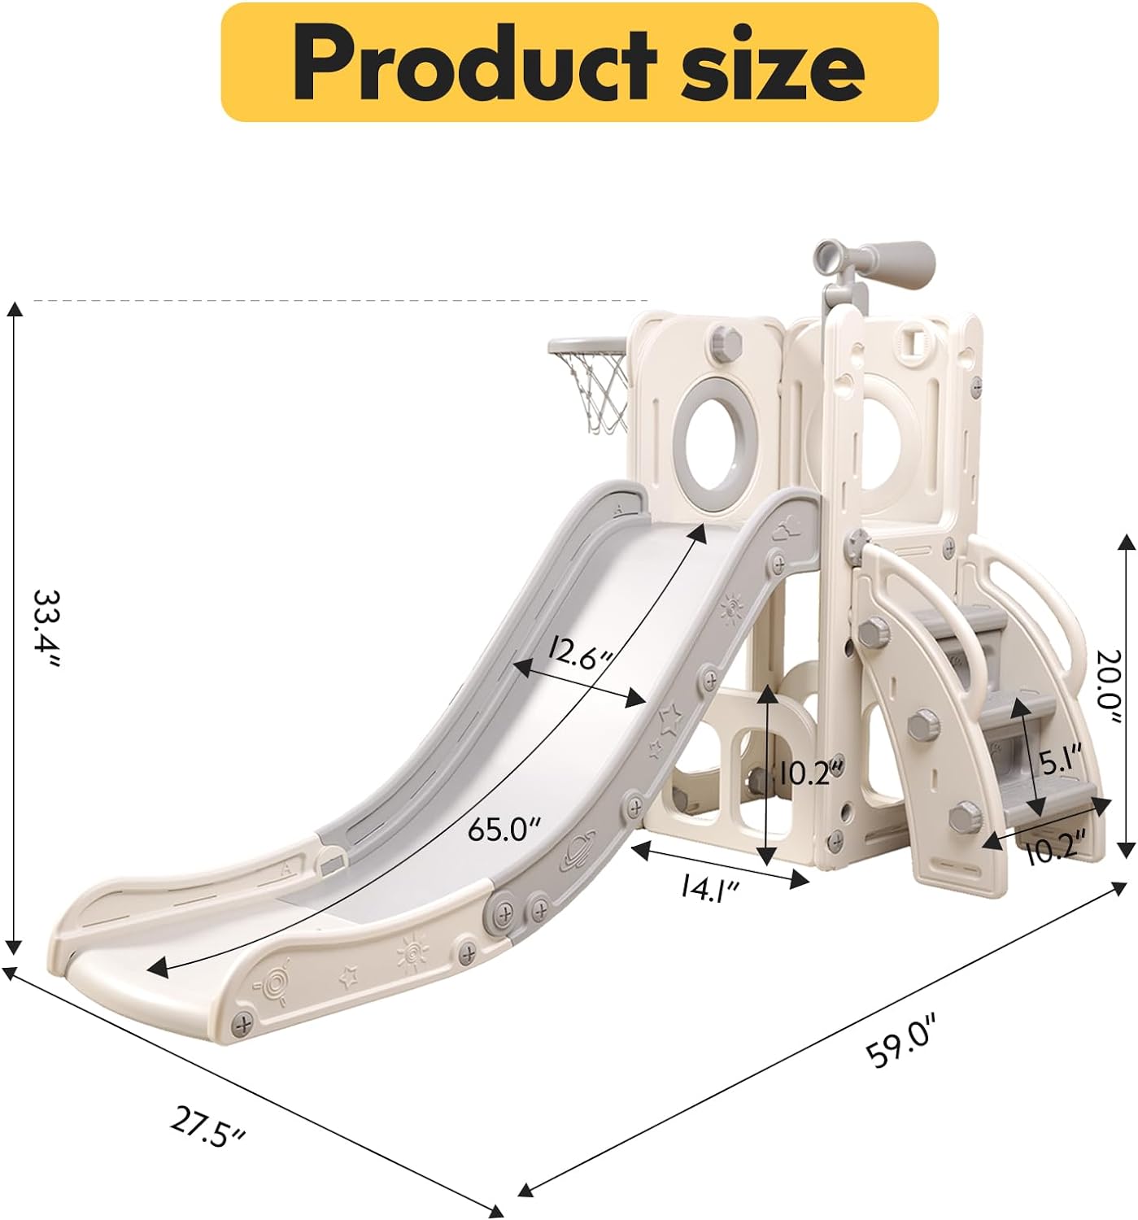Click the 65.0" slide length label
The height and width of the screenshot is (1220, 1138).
coord(504,830)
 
